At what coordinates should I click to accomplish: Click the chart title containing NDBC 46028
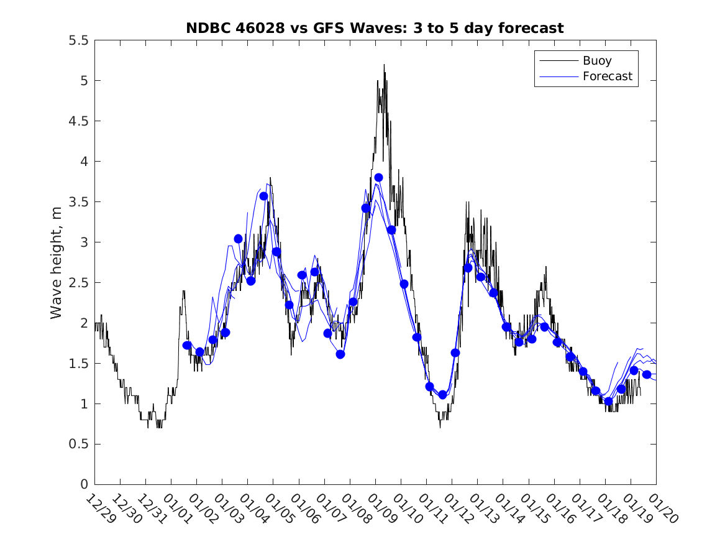375,28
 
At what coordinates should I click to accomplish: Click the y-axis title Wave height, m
57,262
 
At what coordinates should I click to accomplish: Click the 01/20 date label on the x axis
660,509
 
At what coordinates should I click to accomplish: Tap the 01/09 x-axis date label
380,509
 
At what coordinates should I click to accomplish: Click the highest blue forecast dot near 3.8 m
378,177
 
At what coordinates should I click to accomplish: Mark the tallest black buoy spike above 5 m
384,65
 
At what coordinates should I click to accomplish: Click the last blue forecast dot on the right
647,374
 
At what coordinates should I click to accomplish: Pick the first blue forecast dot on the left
187,345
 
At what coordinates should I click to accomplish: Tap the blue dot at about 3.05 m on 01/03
238,239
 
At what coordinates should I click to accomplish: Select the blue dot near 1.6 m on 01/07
340,354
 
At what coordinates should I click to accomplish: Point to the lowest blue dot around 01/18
608,401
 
